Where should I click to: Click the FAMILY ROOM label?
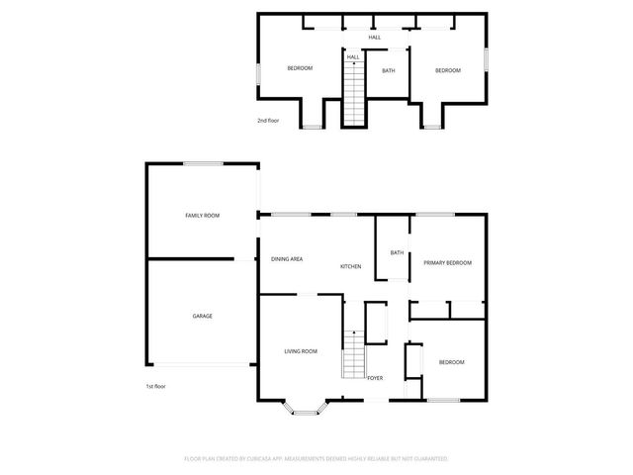tap(203, 215)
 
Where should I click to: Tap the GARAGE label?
tap(202, 316)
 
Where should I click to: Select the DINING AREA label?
tap(287, 259)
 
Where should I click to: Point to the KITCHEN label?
tap(351, 267)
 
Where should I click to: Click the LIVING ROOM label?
tap(301, 351)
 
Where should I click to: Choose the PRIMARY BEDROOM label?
tap(447, 262)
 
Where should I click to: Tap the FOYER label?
tap(375, 378)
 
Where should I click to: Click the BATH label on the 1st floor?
tap(397, 253)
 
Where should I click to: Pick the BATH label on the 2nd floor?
tap(389, 70)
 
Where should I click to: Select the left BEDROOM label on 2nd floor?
tap(300, 68)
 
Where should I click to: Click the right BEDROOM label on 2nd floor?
tap(449, 70)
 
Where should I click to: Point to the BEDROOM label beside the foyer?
tap(451, 362)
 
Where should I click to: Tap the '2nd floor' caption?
tap(268, 121)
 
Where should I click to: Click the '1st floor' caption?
tap(156, 387)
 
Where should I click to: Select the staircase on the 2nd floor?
tap(353, 94)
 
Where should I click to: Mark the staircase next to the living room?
tap(353, 356)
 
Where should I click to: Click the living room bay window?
tap(305, 406)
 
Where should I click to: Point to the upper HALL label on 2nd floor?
tap(375, 38)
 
